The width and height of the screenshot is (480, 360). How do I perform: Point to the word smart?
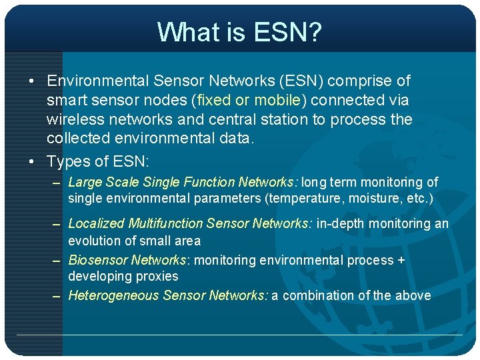pos(65,101)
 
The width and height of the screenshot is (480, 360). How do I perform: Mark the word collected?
pos(75,139)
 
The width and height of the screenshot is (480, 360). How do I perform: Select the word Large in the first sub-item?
pos(84,182)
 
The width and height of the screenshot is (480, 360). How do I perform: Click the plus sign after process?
pos(401,261)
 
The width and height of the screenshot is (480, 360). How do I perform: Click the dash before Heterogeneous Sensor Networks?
pos(57,296)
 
